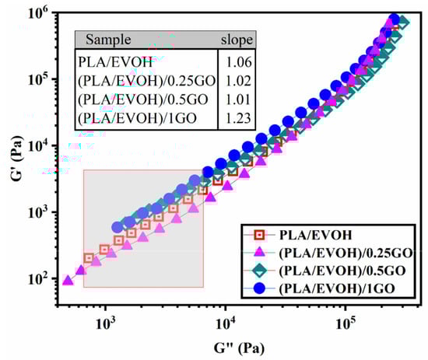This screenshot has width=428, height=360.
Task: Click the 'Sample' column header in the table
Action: [109, 40]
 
